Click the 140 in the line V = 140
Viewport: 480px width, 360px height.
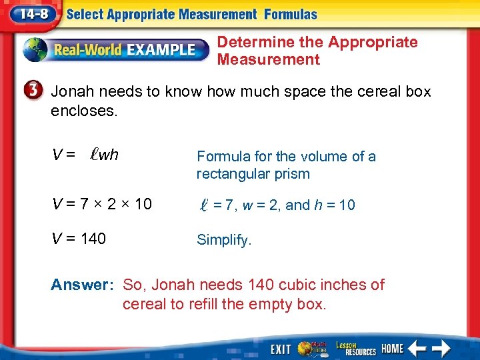click(x=93, y=239)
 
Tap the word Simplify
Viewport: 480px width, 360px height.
click(x=224, y=240)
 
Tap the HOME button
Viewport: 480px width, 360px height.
click(x=393, y=348)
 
